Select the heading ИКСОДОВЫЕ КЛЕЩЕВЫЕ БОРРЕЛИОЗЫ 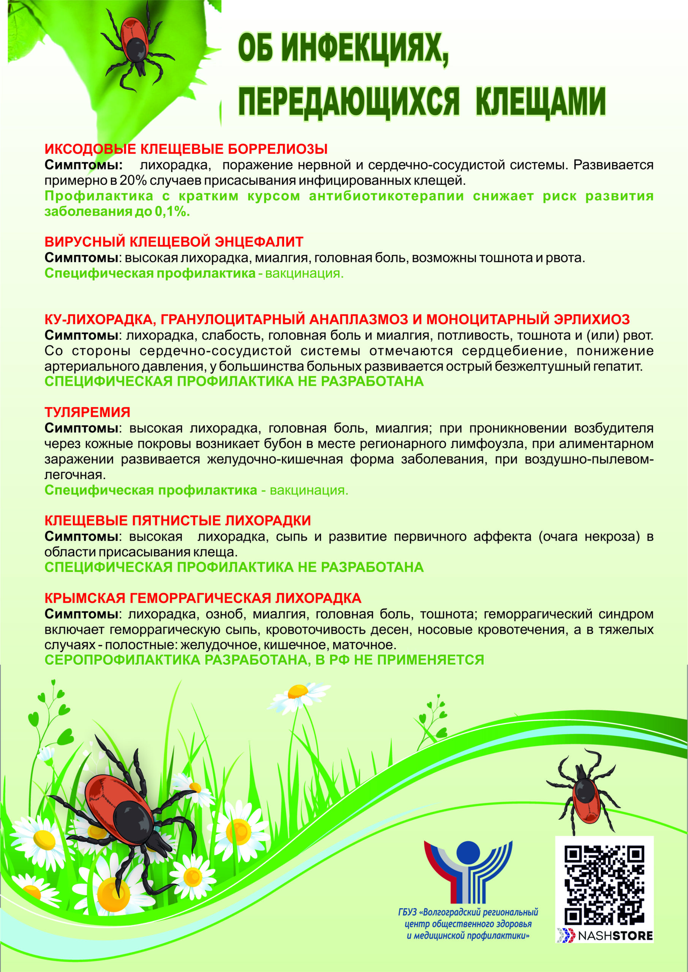click(x=186, y=149)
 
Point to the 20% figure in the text click(x=133, y=181)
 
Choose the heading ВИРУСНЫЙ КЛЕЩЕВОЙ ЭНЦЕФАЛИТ click(x=174, y=242)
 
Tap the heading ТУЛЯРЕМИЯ click(x=87, y=412)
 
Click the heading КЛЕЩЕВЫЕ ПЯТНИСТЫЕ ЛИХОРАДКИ click(x=177, y=520)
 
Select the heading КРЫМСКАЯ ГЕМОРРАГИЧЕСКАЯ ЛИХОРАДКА click(x=203, y=598)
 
